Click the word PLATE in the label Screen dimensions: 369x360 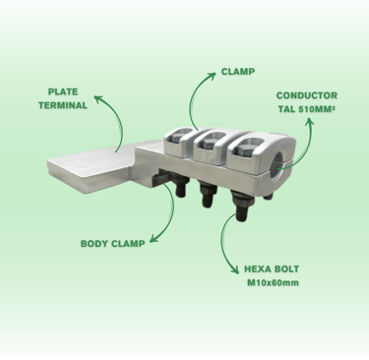pos(63,91)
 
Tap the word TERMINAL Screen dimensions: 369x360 pos(63,105)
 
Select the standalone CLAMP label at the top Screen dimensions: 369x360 pos(238,72)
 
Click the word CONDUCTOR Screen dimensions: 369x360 pos(307,95)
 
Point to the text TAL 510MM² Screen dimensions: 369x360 pos(307,109)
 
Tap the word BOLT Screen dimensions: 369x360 pos(288,269)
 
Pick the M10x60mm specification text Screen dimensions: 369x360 pos(273,282)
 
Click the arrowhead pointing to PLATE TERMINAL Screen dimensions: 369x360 pos(97,98)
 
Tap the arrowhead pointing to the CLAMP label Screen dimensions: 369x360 pos(212,76)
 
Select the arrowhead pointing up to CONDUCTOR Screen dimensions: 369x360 pos(309,122)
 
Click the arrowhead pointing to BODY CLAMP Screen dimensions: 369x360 pos(154,239)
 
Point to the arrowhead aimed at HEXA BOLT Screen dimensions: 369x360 pos(235,270)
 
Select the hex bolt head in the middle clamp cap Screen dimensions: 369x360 pos(209,143)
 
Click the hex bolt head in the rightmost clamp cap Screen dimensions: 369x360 pos(243,150)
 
